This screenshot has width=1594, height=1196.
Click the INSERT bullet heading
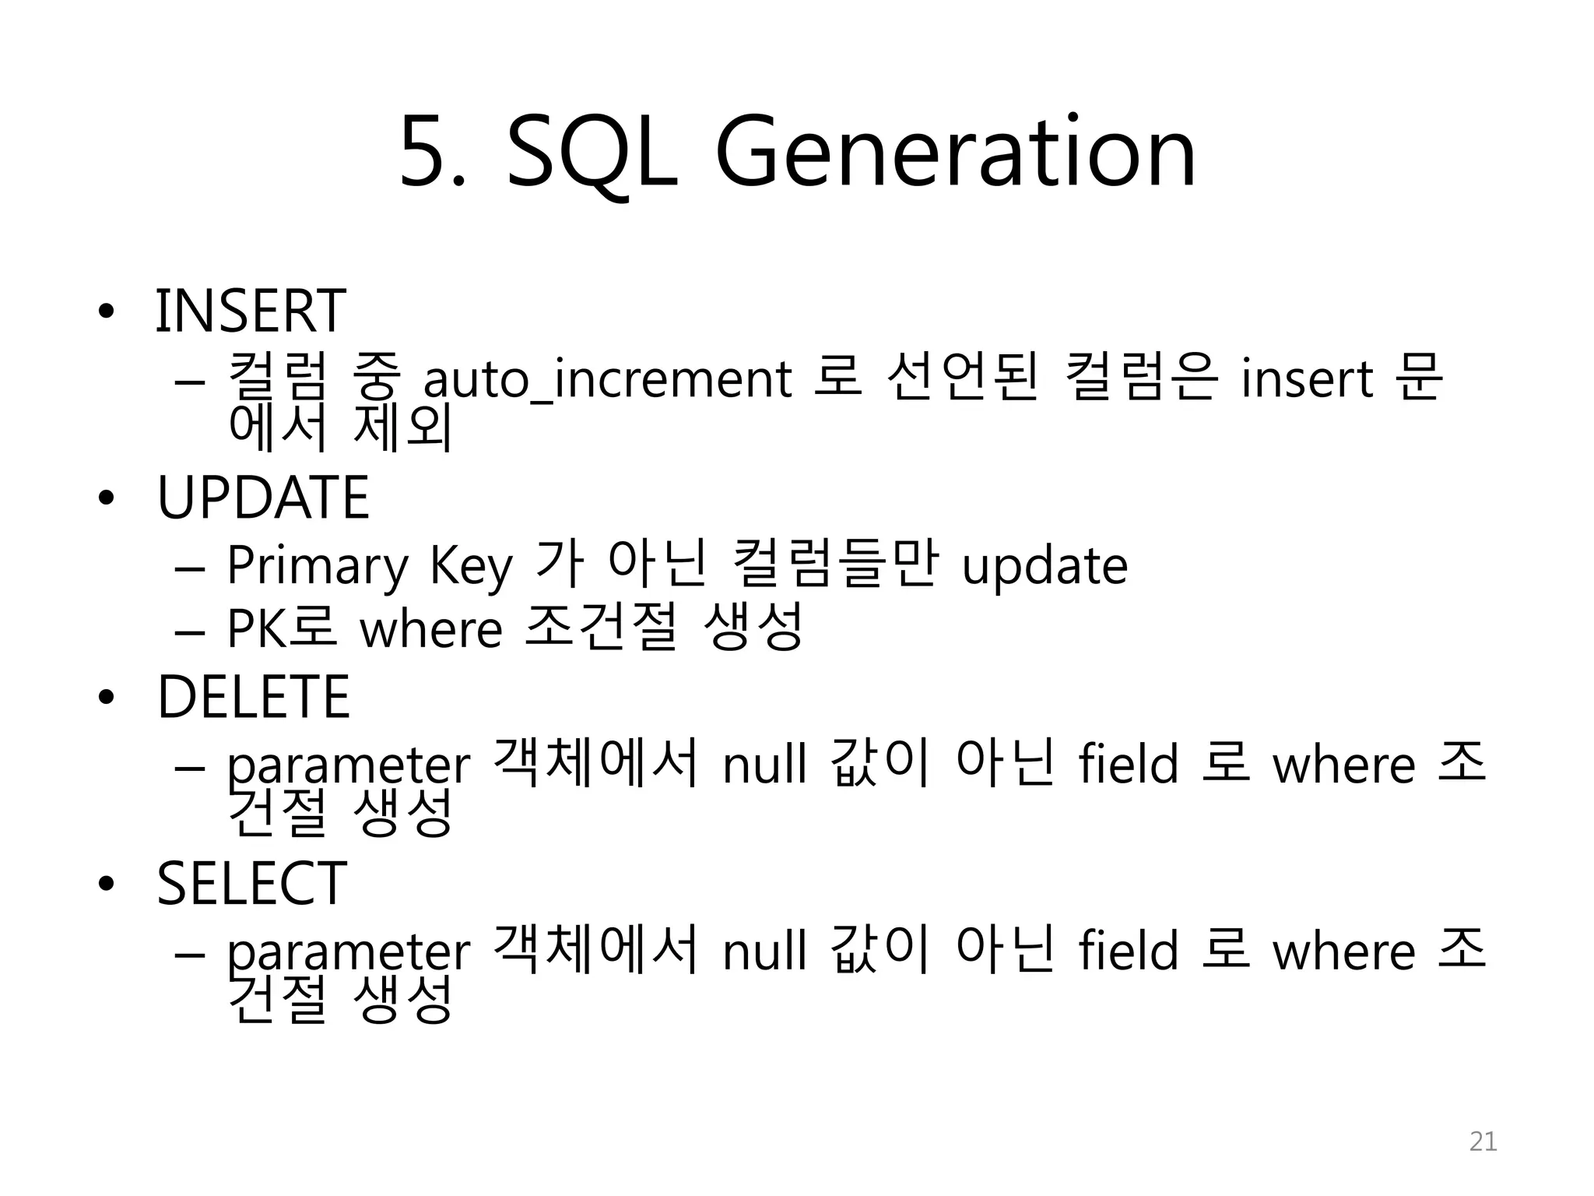[251, 311]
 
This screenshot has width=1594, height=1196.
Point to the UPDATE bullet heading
[263, 498]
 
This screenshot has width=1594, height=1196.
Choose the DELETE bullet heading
[254, 697]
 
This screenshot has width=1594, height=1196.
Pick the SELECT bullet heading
[251, 884]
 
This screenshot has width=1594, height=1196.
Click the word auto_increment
[607, 379]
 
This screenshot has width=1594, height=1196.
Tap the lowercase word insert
[1307, 379]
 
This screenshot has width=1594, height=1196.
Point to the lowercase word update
[1045, 566]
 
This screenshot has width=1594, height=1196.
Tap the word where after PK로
[430, 628]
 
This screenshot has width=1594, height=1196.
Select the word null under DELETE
[764, 765]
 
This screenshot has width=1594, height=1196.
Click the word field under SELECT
[1128, 952]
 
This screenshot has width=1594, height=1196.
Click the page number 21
[1483, 1141]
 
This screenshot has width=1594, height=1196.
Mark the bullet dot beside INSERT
[106, 312]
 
